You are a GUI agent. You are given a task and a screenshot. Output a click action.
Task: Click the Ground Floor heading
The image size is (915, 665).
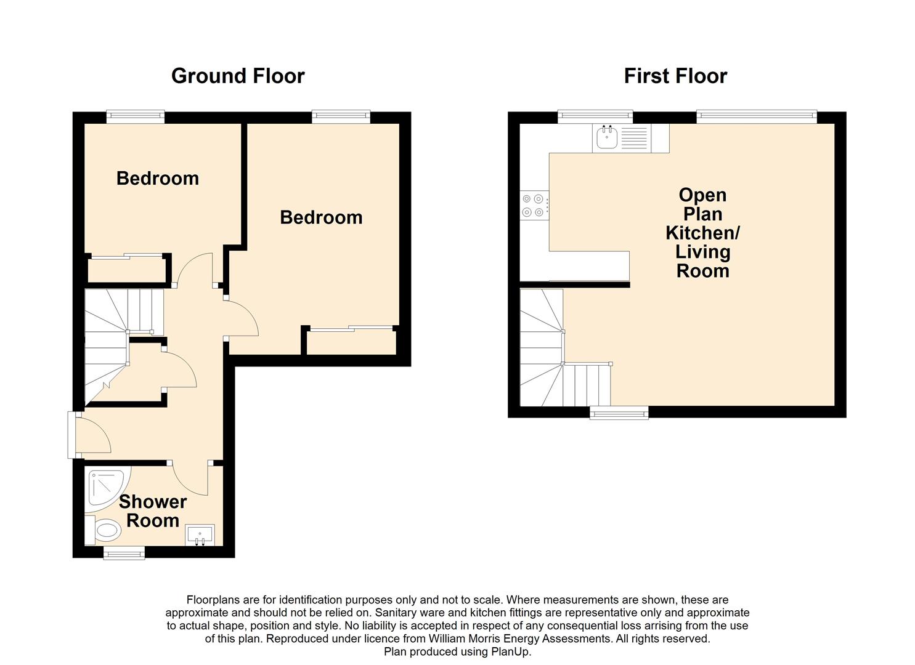pyautogui.click(x=238, y=76)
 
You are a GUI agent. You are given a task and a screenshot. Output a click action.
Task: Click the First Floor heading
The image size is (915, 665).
pyautogui.click(x=676, y=76)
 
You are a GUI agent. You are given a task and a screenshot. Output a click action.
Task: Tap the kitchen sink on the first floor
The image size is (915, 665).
pyautogui.click(x=607, y=138)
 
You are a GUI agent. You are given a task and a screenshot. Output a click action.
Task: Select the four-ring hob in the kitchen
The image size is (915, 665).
pyautogui.click(x=534, y=205)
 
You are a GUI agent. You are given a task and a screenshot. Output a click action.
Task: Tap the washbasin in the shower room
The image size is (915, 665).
pyautogui.click(x=200, y=535)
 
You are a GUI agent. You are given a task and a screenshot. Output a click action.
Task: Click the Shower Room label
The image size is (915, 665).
pyautogui.click(x=153, y=511)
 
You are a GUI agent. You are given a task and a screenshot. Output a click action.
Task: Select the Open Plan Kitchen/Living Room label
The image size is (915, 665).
pyautogui.click(x=702, y=233)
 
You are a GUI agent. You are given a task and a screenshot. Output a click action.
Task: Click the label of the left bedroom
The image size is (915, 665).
pyautogui.click(x=158, y=179)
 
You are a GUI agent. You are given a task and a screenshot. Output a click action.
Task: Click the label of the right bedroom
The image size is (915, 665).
pyautogui.click(x=321, y=217)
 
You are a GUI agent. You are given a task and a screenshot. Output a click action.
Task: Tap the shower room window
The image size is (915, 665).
pyautogui.click(x=124, y=552)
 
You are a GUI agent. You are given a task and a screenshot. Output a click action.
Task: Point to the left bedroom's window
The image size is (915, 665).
pyautogui.click(x=136, y=116)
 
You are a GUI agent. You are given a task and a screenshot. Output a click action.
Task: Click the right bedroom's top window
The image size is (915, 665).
pyautogui.click(x=341, y=116)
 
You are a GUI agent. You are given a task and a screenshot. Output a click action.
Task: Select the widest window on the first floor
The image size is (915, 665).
pyautogui.click(x=757, y=116)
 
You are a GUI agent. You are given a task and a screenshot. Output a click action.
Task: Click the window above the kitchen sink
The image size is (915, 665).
pyautogui.click(x=595, y=116)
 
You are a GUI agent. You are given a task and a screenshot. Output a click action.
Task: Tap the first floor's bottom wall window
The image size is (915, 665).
pyautogui.click(x=619, y=413)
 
